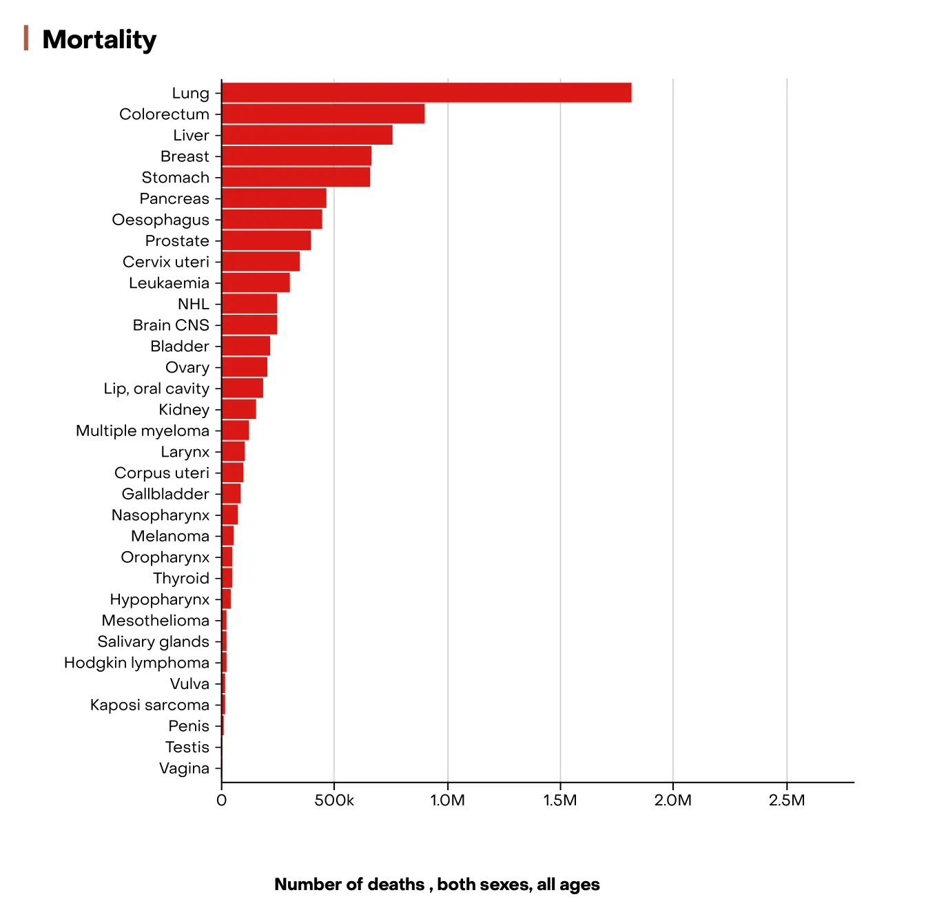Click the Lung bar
[426, 93]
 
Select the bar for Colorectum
[322, 114]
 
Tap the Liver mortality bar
[307, 135]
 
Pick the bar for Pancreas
[274, 198]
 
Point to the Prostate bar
[266, 240]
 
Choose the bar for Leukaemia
[256, 283]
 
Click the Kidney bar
[238, 409]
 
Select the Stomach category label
[175, 178]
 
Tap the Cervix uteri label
[165, 262]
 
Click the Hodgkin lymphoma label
[136, 663]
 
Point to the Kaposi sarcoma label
[150, 705]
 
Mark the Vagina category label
[184, 768]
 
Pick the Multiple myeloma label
[142, 431]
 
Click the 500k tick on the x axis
[334, 801]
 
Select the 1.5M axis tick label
[560, 801]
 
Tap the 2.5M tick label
[786, 801]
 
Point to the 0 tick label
[221, 801]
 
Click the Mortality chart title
[99, 39]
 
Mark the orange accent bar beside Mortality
[26, 38]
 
